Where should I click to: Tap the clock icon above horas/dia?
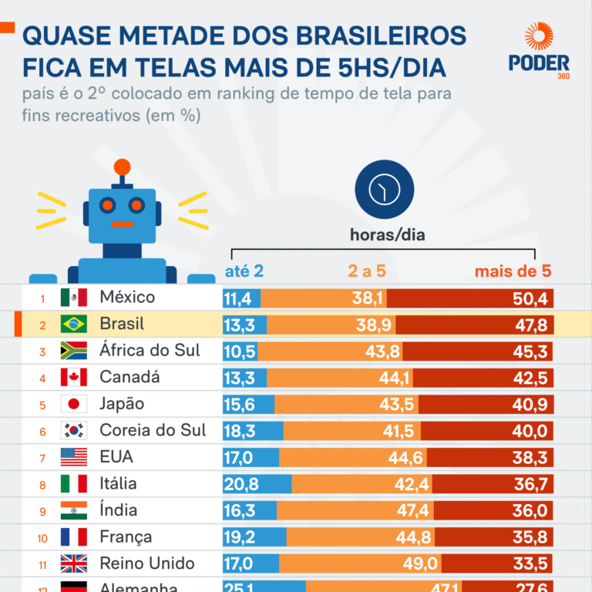[384, 190]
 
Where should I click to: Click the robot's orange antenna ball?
[122, 166]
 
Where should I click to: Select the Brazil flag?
[74, 325]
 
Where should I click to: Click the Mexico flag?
[74, 298]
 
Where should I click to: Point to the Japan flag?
[74, 404]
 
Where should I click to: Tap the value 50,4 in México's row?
[530, 298]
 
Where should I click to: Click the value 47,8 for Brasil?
[530, 325]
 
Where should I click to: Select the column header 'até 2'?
[244, 271]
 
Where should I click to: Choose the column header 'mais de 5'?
[513, 271]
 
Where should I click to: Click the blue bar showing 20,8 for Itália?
[257, 484]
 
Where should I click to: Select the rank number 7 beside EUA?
[43, 458]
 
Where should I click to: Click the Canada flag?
[74, 378]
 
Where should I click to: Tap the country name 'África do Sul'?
[150, 351]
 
